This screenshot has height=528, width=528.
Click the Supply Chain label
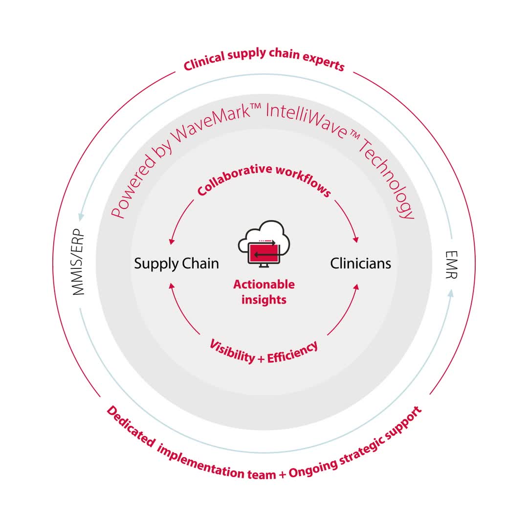pos(176,264)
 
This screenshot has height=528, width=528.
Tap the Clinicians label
pos(361,264)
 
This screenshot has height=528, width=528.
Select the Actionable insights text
pos(264,292)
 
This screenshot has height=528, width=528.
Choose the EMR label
pos(451,264)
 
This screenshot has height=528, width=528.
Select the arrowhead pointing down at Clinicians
pos(356,240)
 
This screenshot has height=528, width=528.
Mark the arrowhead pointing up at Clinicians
pos(356,287)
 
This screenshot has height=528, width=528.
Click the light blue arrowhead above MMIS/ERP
pos(81,216)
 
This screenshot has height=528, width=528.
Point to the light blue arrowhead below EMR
pos(451,292)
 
